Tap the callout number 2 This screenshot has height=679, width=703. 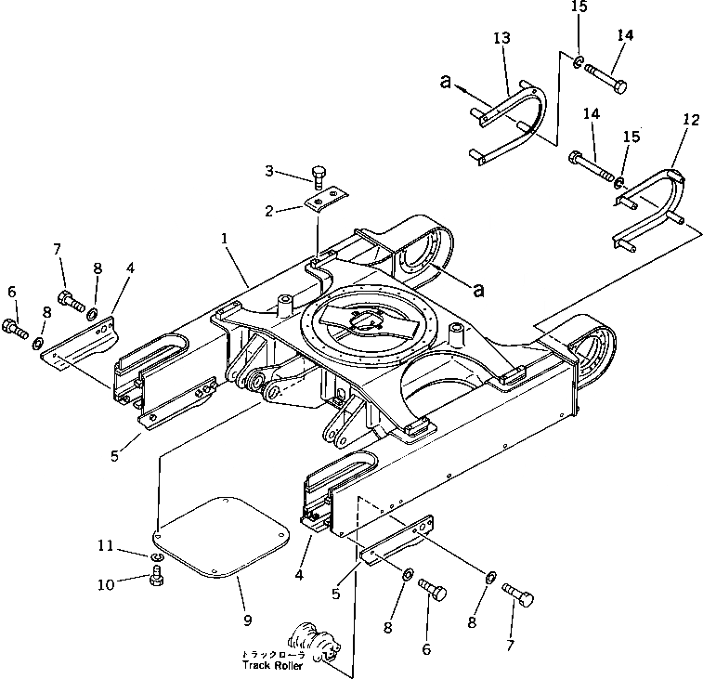269,211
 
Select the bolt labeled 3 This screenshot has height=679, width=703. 319,176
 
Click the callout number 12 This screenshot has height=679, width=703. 689,119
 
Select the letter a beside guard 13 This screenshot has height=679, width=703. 446,83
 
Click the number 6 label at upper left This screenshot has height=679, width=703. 10,293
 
